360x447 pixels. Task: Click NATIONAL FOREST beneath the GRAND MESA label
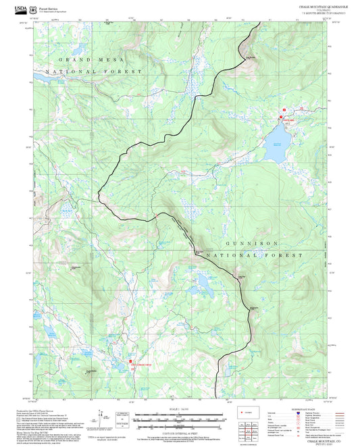[94, 71]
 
